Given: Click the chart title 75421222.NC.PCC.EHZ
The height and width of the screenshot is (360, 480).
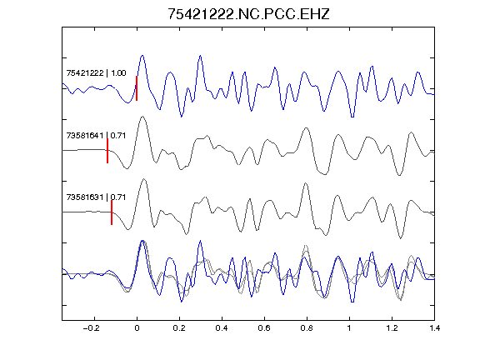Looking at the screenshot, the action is pos(248,14).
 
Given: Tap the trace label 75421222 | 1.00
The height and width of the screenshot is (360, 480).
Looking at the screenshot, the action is pos(96,72).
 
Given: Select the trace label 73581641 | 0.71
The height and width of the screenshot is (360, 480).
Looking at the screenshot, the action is pos(96,135).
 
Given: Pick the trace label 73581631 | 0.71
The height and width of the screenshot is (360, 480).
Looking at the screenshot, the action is pos(96,197).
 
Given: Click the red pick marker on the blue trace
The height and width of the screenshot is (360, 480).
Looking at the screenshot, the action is pos(137,88).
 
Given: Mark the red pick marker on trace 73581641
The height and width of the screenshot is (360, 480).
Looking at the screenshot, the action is pos(107,151).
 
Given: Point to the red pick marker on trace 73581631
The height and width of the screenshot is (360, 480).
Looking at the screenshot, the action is pos(112,212).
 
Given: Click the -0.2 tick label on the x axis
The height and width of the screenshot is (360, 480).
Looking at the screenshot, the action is pos(92,328).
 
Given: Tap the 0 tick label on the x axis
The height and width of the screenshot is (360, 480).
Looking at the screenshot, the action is pos(137,328).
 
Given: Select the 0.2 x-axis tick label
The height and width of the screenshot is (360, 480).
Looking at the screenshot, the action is pos(179,328).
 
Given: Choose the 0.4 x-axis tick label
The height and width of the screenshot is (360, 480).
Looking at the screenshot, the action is pos(222,328).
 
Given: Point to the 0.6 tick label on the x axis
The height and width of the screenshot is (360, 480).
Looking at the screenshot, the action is pos(264,328).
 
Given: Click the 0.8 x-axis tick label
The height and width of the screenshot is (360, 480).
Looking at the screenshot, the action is pos(307,328).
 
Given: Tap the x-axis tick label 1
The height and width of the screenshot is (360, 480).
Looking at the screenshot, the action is pos(349,328).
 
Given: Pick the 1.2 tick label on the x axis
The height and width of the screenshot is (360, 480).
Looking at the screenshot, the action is pos(392,328).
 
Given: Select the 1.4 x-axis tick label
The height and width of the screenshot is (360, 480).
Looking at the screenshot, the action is pos(435,328).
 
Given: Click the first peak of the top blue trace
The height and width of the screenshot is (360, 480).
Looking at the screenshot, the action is pos(142,56).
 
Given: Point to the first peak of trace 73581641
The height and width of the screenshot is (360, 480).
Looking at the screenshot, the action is pos(142,117).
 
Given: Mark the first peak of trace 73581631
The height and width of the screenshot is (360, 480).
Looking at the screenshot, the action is pos(144,179).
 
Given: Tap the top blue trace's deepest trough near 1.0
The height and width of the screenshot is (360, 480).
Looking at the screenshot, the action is pos(352,117).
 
